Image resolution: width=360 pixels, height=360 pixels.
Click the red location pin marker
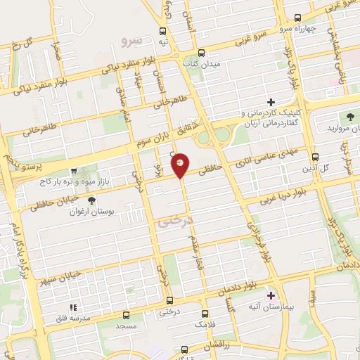pos(181,165)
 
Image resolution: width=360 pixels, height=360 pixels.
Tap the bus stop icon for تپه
pos(163,31)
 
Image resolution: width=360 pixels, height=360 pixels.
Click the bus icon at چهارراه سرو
pos(298,18)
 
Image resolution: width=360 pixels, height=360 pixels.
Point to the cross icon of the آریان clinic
pos(270,102)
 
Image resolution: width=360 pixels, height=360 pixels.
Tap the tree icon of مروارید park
pos(349,117)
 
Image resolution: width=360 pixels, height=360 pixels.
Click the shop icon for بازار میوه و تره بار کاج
pos(74,171)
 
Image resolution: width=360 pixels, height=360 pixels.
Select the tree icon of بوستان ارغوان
pos(89,200)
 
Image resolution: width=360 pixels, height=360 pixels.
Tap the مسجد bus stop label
pos(127,328)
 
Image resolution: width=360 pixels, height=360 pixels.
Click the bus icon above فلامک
pos(205,314)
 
